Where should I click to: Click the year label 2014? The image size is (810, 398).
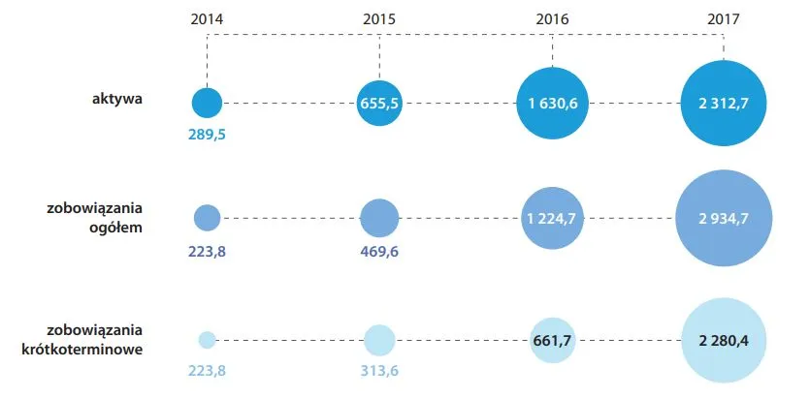click(x=208, y=19)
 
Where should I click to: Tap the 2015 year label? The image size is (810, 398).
click(x=379, y=19)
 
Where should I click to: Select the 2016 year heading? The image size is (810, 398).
click(x=552, y=19)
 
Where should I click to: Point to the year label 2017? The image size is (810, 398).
click(x=724, y=19)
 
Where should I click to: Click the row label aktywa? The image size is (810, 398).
click(x=117, y=100)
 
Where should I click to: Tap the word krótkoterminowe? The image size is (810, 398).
click(x=82, y=349)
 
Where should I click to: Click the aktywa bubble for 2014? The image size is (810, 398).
click(x=208, y=103)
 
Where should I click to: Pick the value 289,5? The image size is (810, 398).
click(x=208, y=135)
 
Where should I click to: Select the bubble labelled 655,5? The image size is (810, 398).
click(x=379, y=103)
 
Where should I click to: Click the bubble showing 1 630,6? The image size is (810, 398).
click(x=552, y=103)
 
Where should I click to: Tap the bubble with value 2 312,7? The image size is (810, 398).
click(x=724, y=103)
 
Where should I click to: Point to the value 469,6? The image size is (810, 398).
click(x=379, y=253)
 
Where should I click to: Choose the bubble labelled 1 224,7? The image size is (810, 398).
click(x=552, y=218)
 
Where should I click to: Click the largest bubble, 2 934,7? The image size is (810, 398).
click(x=724, y=218)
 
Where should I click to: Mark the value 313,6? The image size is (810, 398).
click(x=379, y=371)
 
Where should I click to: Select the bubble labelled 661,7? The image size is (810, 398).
click(x=552, y=340)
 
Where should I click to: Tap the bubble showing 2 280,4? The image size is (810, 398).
click(x=724, y=340)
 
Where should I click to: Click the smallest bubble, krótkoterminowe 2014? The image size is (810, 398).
click(x=208, y=340)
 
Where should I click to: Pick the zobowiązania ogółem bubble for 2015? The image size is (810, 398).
click(x=379, y=218)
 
